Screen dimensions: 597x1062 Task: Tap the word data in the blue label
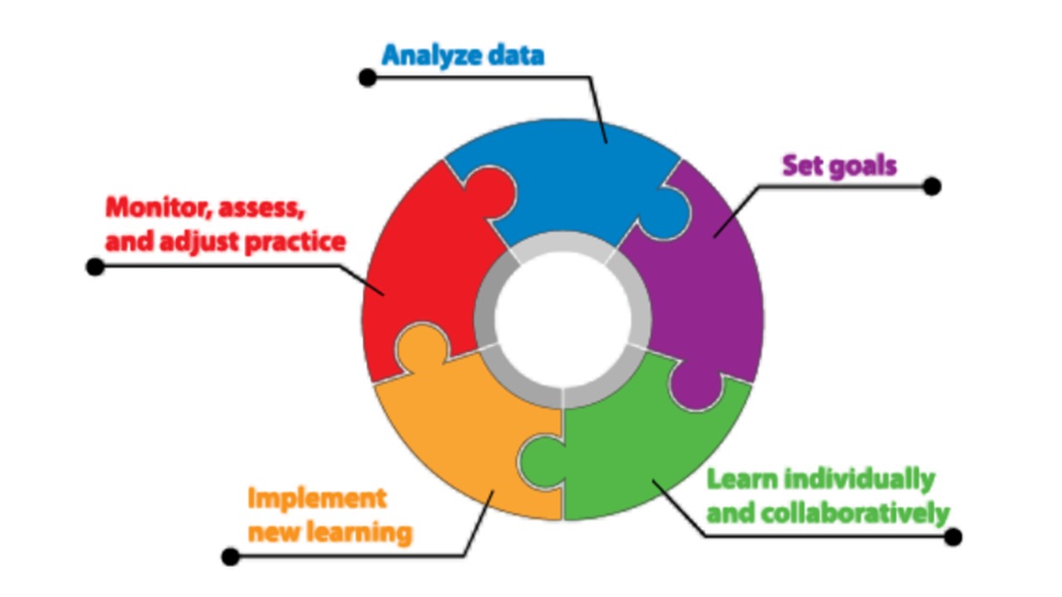point(515,56)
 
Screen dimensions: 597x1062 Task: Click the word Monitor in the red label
point(155,207)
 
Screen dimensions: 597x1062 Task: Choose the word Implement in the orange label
point(317,498)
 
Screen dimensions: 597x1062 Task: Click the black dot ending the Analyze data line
point(368,78)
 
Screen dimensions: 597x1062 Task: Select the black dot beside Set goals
point(932,186)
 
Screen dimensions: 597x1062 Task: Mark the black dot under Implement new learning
point(231,556)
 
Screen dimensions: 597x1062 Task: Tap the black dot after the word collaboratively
point(953,536)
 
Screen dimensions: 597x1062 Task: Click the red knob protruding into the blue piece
point(493,193)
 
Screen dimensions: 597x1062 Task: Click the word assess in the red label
point(261,207)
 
